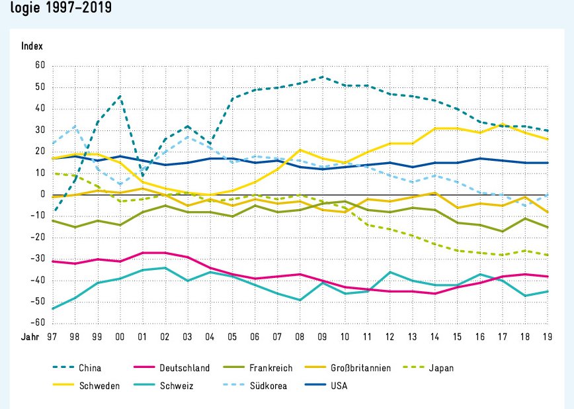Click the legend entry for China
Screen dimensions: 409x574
pyautogui.click(x=89, y=368)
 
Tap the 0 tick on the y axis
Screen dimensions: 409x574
pyautogui.click(x=42, y=195)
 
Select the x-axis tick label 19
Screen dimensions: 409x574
pyautogui.click(x=548, y=338)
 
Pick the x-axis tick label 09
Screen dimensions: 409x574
pyautogui.click(x=323, y=338)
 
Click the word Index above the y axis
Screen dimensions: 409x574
pyautogui.click(x=32, y=46)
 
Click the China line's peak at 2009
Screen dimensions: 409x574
pyautogui.click(x=323, y=77)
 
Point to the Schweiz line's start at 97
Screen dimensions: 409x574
pyautogui.click(x=53, y=308)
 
